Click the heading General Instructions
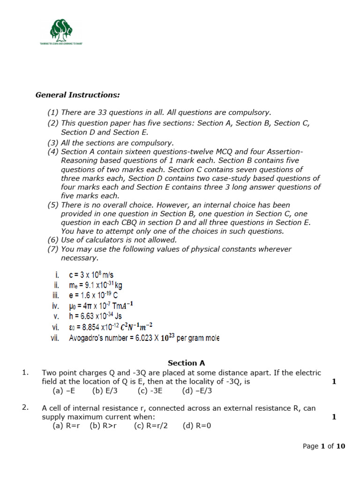[x=78, y=95]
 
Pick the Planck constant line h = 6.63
[x=95, y=316]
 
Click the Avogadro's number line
[x=143, y=337]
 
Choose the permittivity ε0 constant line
[x=111, y=327]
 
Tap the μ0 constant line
[x=101, y=306]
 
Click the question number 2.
[x=26, y=407]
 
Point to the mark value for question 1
[x=334, y=382]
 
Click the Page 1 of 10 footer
[x=324, y=446]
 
